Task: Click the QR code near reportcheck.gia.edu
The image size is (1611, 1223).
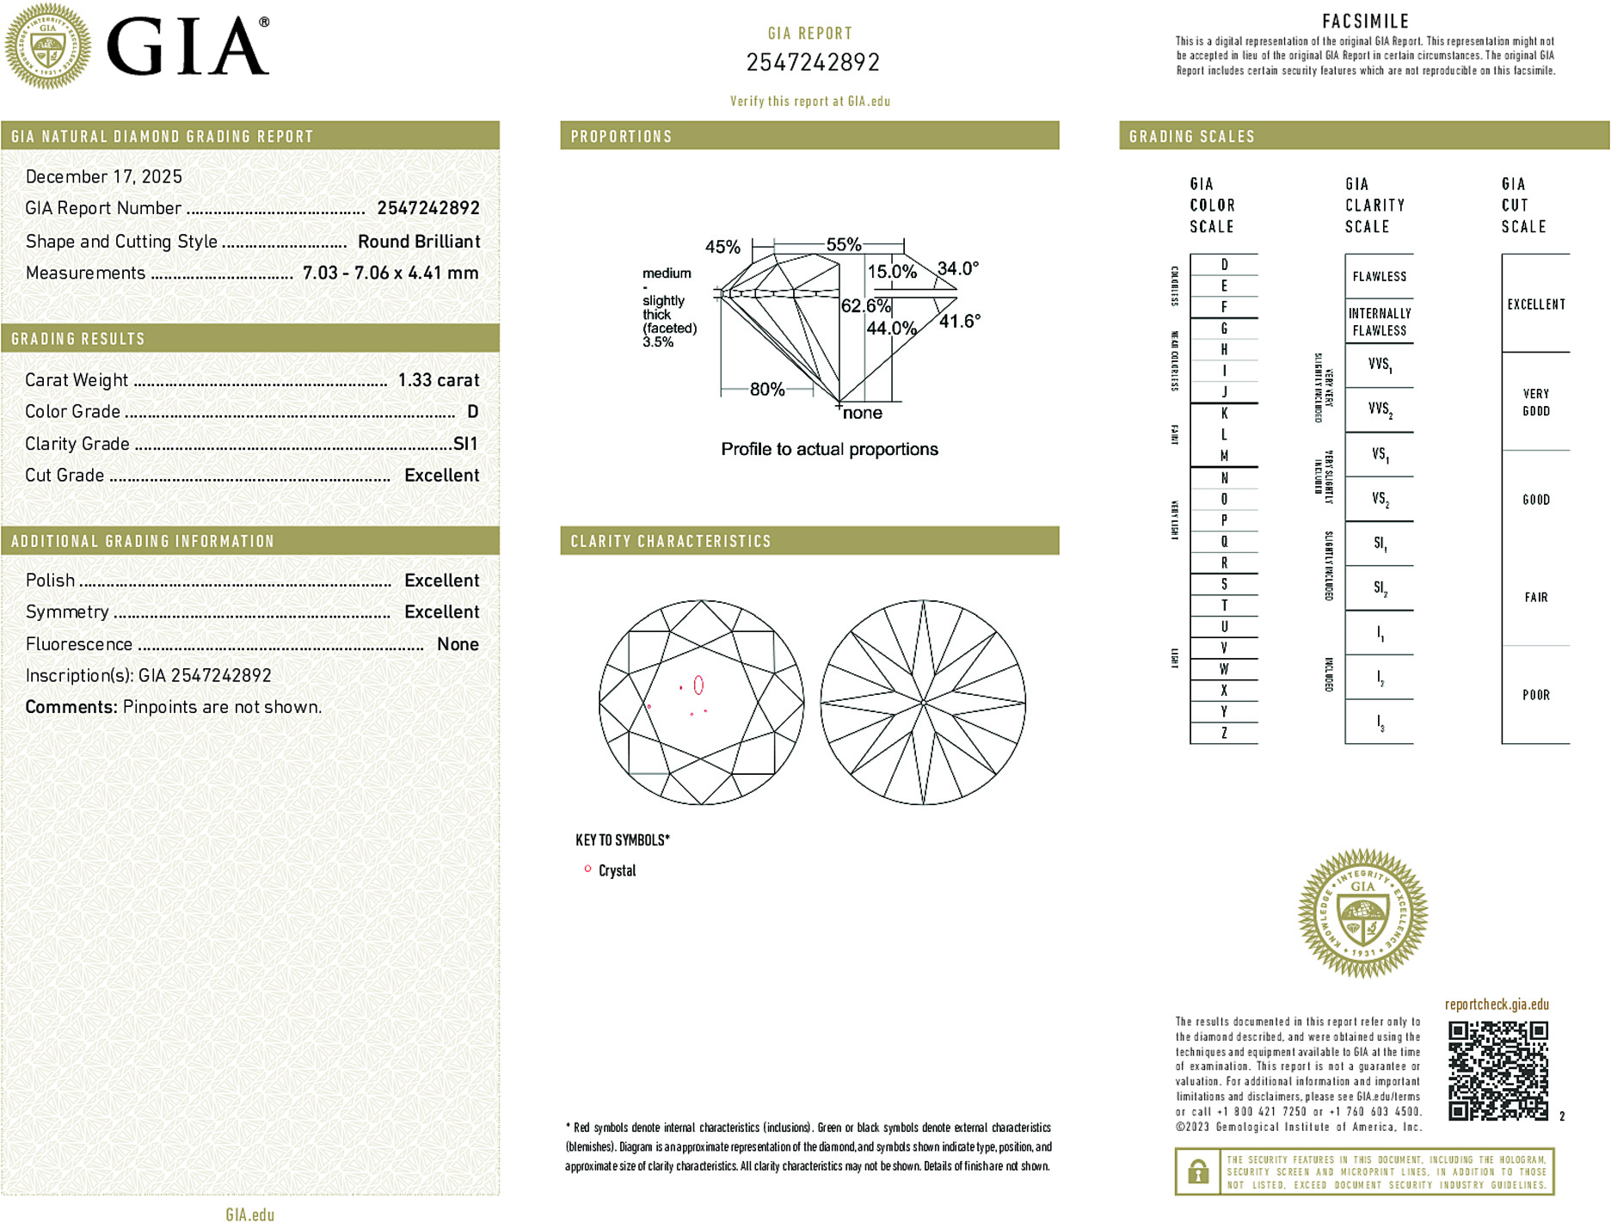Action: pyautogui.click(x=1497, y=1070)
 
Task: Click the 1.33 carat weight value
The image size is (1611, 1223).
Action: pyautogui.click(x=438, y=380)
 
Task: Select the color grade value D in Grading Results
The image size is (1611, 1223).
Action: pyautogui.click(x=472, y=412)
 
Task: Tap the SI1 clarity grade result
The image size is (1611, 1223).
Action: pyautogui.click(x=464, y=444)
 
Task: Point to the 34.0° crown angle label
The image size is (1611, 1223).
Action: pyautogui.click(x=957, y=268)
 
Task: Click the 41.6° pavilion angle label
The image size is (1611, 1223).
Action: pyautogui.click(x=959, y=322)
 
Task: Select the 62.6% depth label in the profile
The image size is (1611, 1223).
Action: pyautogui.click(x=865, y=306)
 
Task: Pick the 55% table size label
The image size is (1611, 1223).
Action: pyautogui.click(x=843, y=244)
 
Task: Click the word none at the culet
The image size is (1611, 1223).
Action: pyautogui.click(x=862, y=413)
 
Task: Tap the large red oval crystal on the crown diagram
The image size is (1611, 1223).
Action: pyautogui.click(x=698, y=685)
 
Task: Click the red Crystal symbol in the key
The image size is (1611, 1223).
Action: pyautogui.click(x=587, y=870)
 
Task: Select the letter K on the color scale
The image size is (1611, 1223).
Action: pyautogui.click(x=1224, y=414)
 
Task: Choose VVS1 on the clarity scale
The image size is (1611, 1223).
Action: pyautogui.click(x=1379, y=365)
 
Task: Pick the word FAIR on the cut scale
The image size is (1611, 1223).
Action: pyautogui.click(x=1535, y=597)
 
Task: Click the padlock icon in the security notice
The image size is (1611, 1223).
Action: pyautogui.click(x=1197, y=1171)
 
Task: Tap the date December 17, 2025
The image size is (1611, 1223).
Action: pyautogui.click(x=104, y=177)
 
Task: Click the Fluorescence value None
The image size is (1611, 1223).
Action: pyautogui.click(x=458, y=644)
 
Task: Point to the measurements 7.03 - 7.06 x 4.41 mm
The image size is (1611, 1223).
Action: pyautogui.click(x=390, y=273)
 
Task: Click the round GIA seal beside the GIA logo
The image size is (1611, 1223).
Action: pyautogui.click(x=47, y=46)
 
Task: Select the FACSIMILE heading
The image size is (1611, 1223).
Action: pyautogui.click(x=1365, y=22)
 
